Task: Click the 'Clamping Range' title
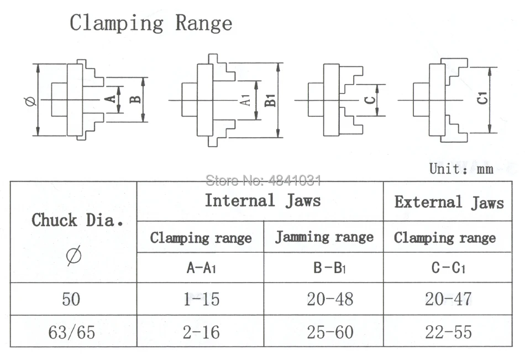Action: click(150, 24)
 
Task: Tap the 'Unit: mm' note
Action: click(460, 169)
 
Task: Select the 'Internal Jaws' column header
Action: click(262, 200)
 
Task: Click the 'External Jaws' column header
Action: click(449, 202)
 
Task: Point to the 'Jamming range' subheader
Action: click(324, 237)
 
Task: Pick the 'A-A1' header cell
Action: click(201, 268)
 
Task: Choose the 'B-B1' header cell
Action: click(324, 268)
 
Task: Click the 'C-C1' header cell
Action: click(448, 268)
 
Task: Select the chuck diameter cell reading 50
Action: click(71, 299)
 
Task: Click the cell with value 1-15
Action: click(201, 299)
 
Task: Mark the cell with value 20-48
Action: click(324, 299)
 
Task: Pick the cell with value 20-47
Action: click(448, 299)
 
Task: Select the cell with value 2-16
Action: click(201, 332)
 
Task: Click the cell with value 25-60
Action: click(324, 332)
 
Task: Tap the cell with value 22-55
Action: click(448, 332)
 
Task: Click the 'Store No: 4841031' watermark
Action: click(263, 180)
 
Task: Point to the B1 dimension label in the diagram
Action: click(270, 100)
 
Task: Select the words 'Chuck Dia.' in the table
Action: click(76, 220)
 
